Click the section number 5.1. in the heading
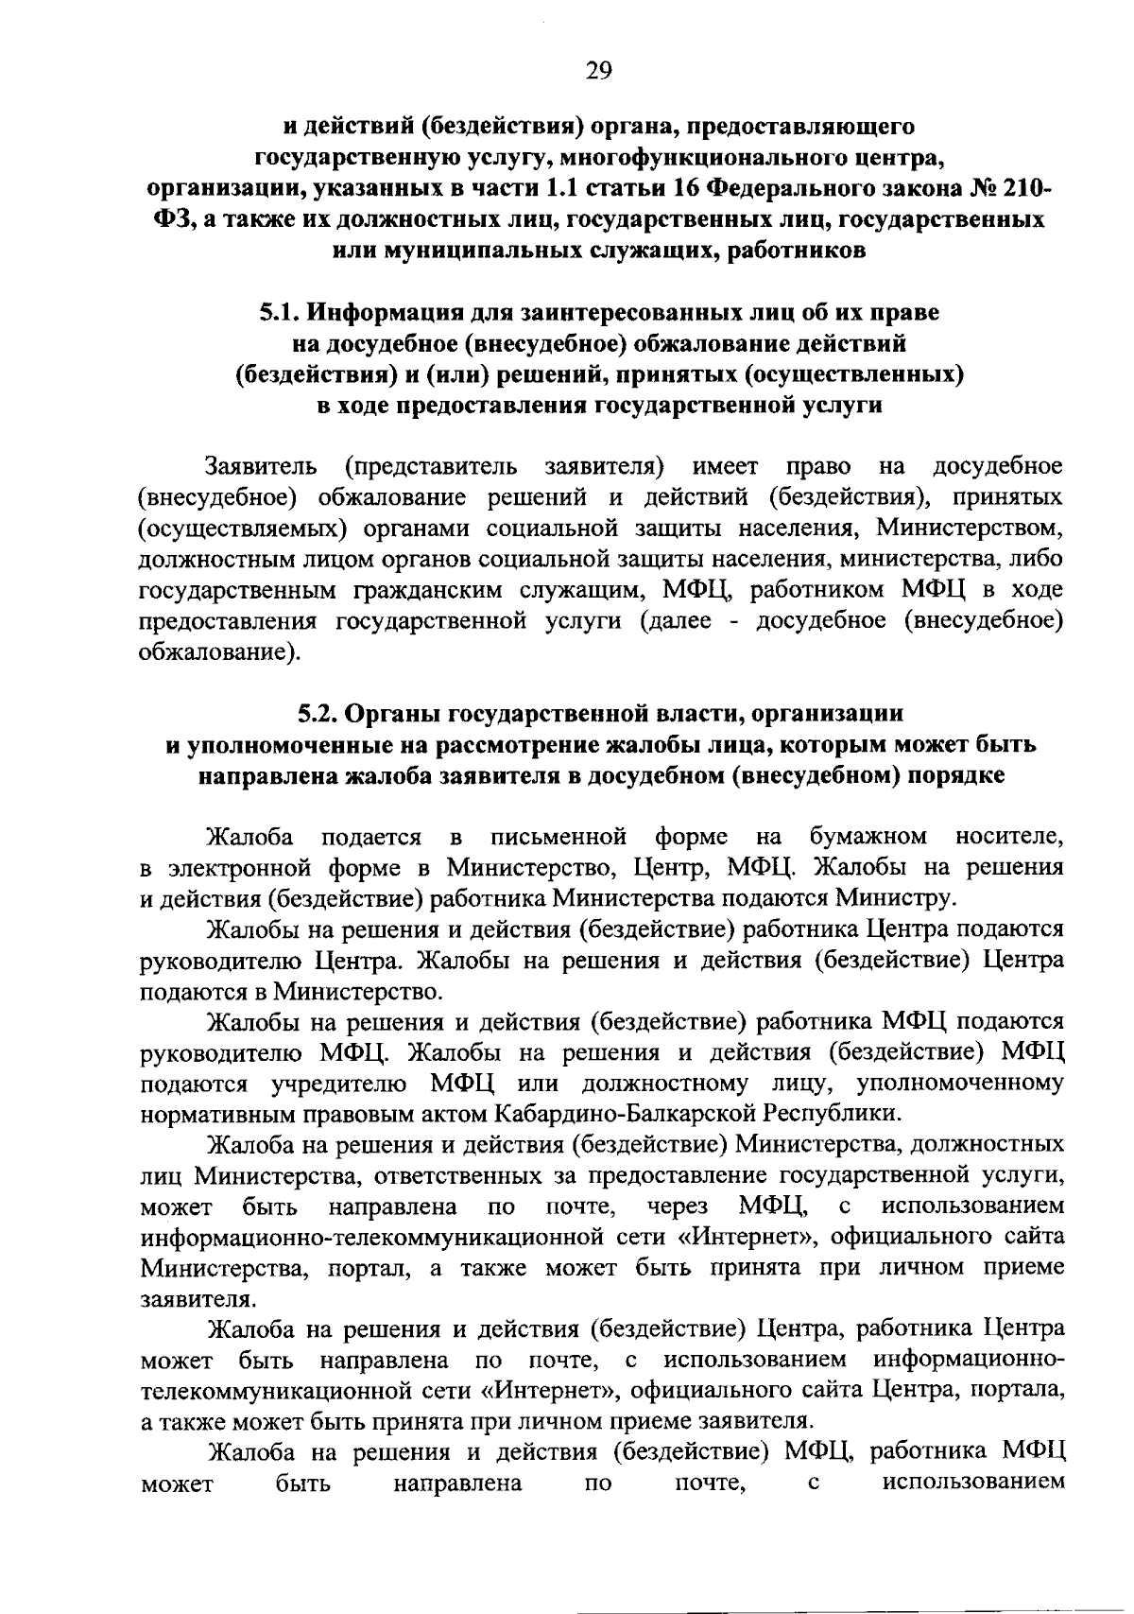[282, 311]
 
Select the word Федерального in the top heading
[789, 187]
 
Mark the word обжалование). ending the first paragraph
[218, 652]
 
